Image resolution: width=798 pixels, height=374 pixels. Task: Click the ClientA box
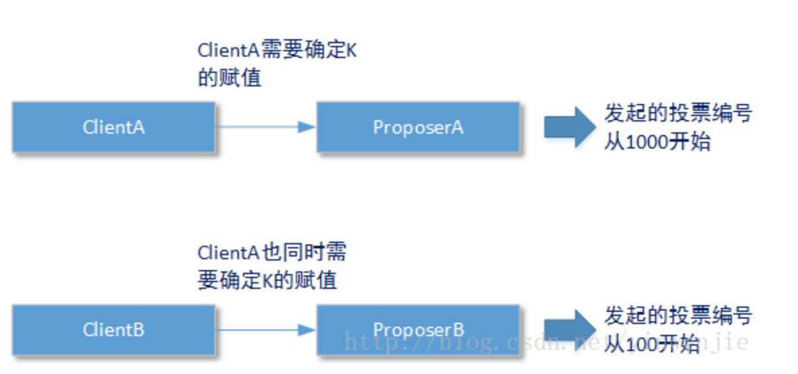point(113,127)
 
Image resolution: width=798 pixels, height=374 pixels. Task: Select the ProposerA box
point(418,127)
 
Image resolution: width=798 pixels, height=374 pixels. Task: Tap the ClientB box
point(113,329)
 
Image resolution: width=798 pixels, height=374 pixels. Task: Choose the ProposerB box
point(418,329)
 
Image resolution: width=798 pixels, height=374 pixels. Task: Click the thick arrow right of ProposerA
point(568,127)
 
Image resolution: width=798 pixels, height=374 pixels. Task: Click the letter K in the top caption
point(350,51)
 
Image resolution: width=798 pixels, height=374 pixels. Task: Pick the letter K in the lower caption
point(269,279)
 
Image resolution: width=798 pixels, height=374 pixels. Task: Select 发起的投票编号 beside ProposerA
point(677,114)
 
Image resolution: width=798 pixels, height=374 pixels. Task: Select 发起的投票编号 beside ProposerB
point(677,315)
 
